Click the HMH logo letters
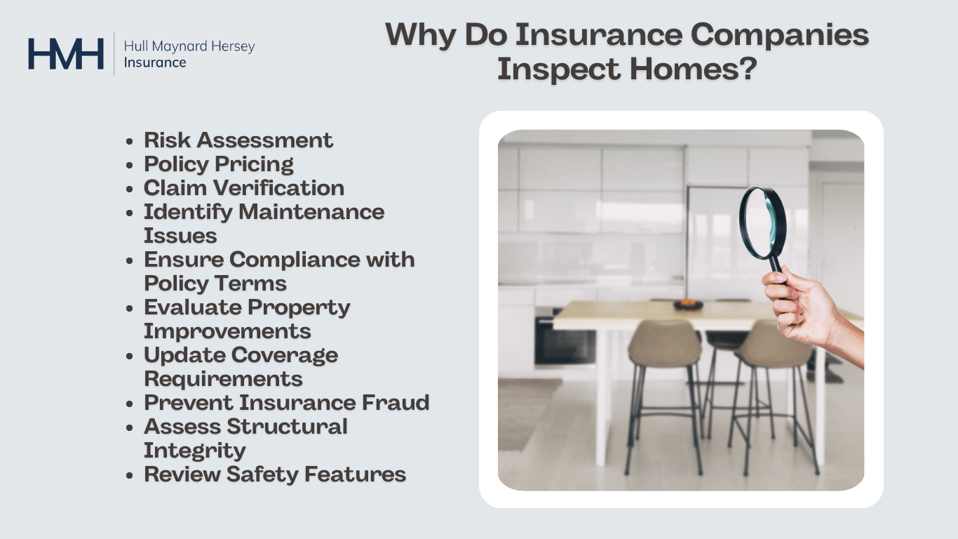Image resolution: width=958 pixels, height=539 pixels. coord(66,54)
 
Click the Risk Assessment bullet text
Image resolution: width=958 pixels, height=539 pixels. coord(238,140)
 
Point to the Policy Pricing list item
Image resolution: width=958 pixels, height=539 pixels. coord(219,164)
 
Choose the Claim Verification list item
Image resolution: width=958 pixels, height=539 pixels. coord(244,187)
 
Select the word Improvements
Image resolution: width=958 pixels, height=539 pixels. coord(227,331)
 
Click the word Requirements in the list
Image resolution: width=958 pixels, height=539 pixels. coord(223,378)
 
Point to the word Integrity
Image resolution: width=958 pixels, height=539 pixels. coord(194,450)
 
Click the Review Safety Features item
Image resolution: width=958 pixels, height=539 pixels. coord(275,474)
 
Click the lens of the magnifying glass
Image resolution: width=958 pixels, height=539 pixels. coord(762,222)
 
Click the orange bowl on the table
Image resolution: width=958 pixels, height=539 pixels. coord(688,305)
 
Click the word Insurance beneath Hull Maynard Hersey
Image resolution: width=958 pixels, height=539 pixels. coord(154,62)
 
